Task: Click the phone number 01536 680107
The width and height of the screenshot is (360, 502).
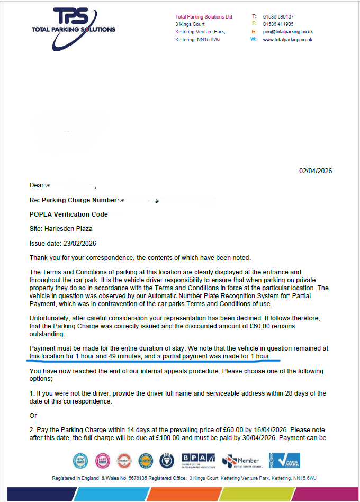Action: point(278,17)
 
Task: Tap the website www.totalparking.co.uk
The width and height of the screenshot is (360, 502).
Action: point(287,40)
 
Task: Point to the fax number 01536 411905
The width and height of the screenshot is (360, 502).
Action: point(278,24)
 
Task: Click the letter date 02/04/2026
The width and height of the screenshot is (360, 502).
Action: point(316,171)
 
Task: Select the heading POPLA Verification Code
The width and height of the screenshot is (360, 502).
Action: point(69,214)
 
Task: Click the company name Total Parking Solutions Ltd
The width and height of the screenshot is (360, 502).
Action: point(203,17)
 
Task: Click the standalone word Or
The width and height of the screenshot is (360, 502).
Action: point(33,416)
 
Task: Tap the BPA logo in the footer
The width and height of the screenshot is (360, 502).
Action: point(198,460)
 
